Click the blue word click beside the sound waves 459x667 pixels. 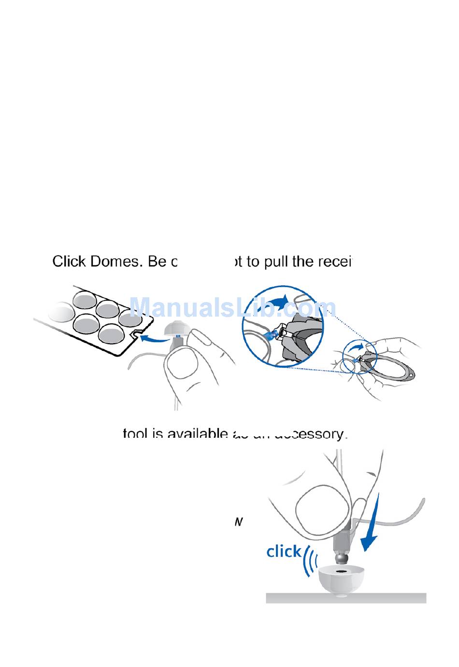click(284, 551)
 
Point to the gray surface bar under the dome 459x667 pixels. click(346, 598)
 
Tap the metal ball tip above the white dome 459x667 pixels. click(342, 557)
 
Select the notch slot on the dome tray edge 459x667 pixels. click(135, 333)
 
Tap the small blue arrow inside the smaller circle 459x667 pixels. click(357, 347)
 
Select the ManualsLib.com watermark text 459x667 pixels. click(233, 307)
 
